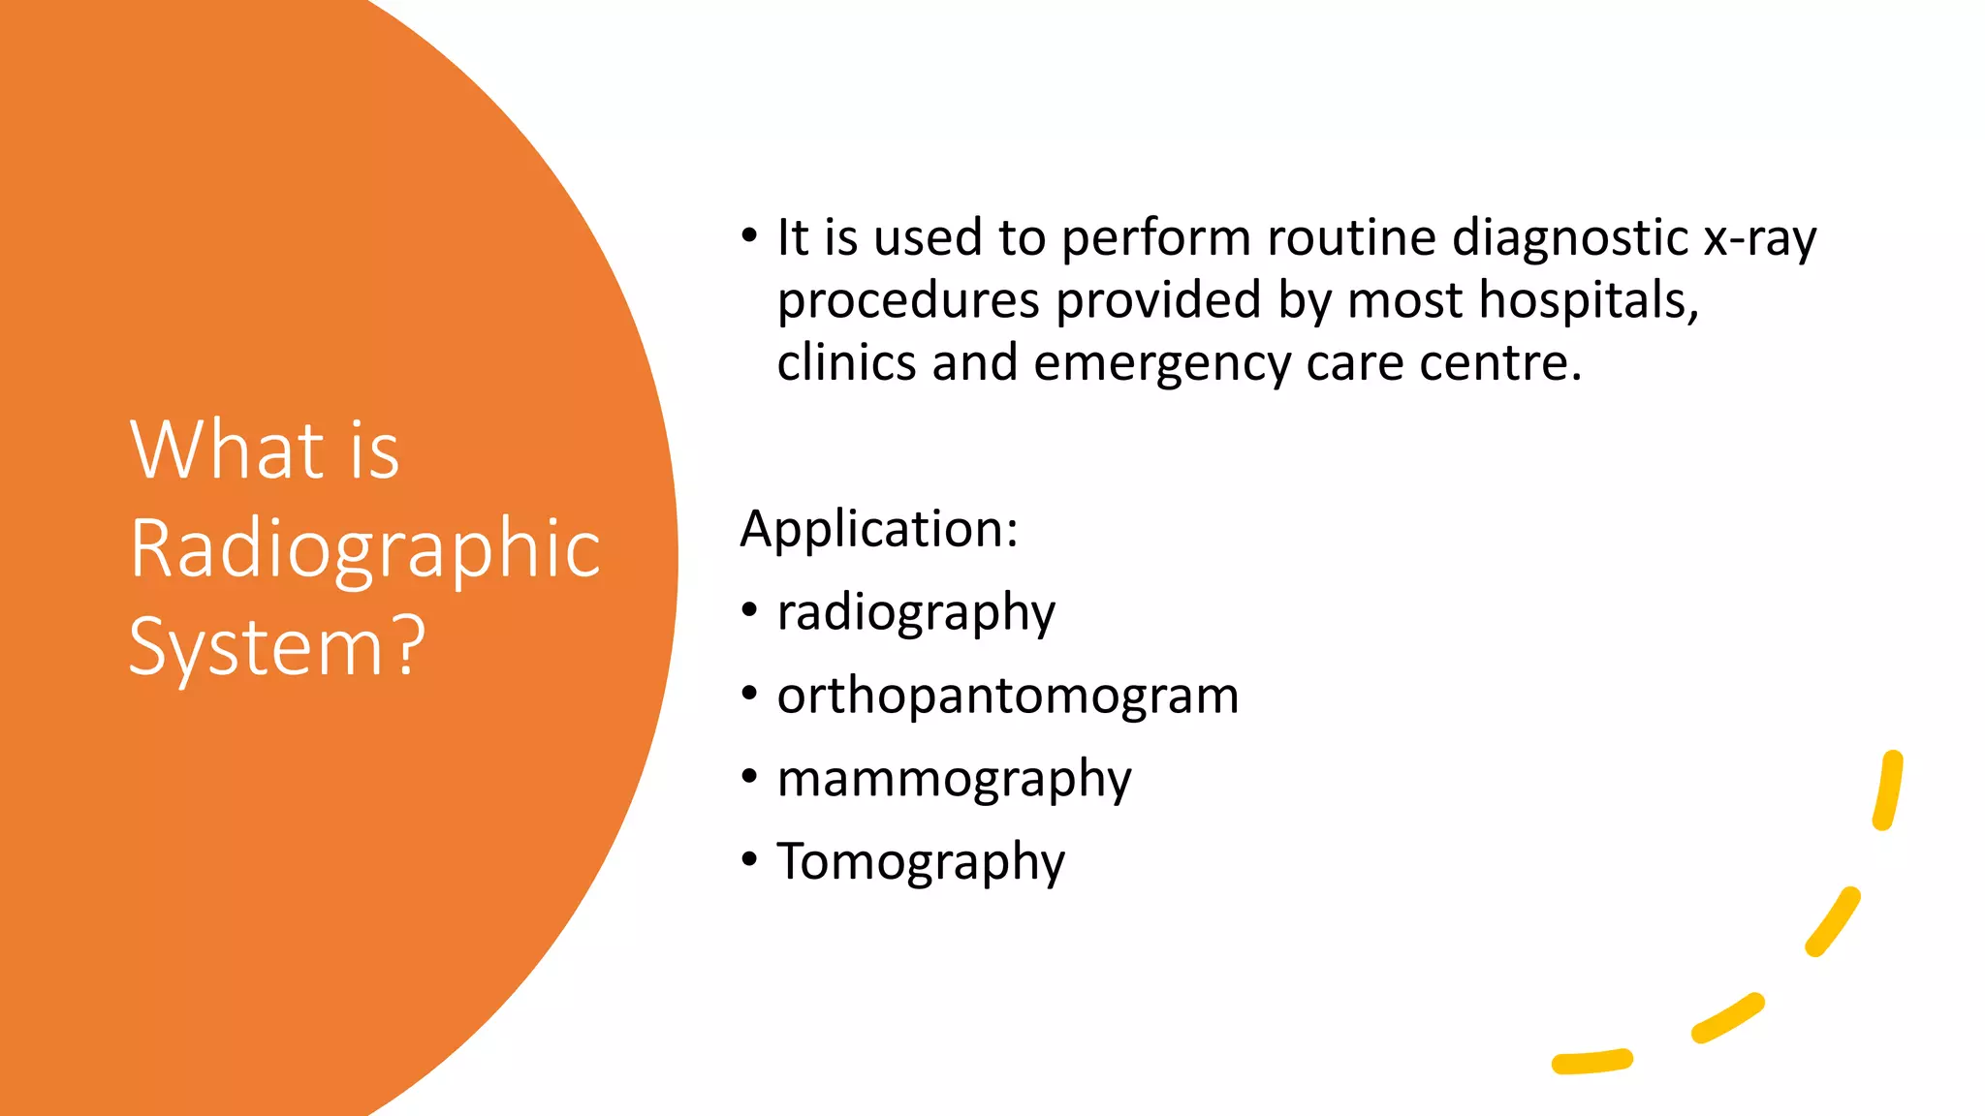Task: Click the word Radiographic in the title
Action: pos(364,548)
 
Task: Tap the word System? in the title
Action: pos(277,647)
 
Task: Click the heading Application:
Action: pos(878,529)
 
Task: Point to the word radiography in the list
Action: pos(915,613)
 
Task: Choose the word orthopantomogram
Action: pos(1007,696)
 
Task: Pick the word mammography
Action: pos(954,779)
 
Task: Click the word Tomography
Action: pos(920,861)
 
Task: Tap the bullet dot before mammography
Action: pos(749,776)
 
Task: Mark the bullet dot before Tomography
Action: pos(749,859)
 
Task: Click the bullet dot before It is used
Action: pos(749,235)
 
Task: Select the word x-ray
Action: pos(1759,238)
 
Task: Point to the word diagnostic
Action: pos(1570,238)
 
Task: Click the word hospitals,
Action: pos(1589,300)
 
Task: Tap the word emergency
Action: pos(1162,364)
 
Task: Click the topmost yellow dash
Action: pos(1888,790)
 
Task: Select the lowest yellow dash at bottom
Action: pos(1591,1062)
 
